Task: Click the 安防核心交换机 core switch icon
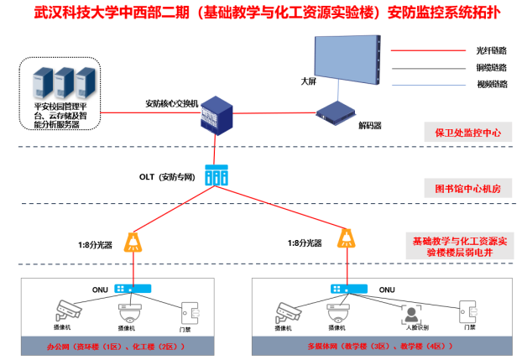pyautogui.click(x=217, y=116)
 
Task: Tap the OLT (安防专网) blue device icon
pyautogui.click(x=217, y=175)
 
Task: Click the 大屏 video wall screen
pyautogui.click(x=347, y=60)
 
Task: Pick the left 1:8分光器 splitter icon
pyautogui.click(x=133, y=242)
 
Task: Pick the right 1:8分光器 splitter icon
pyautogui.click(x=347, y=238)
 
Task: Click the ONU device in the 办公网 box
pyautogui.click(x=133, y=289)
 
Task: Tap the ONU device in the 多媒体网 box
pyautogui.click(x=349, y=289)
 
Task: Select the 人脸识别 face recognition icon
pyautogui.click(x=411, y=315)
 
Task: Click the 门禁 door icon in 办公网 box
pyautogui.click(x=190, y=313)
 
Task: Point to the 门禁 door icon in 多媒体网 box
pyautogui.click(x=468, y=312)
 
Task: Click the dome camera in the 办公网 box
pyautogui.click(x=130, y=314)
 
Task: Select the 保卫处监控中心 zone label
pyautogui.click(x=468, y=133)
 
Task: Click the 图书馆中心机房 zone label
pyautogui.click(x=468, y=189)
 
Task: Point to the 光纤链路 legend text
pyautogui.click(x=492, y=50)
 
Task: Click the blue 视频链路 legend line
pyautogui.click(x=429, y=86)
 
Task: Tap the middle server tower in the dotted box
pyautogui.click(x=65, y=83)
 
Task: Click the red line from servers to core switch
pyautogui.click(x=150, y=112)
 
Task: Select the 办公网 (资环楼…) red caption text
pyautogui.click(x=116, y=347)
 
